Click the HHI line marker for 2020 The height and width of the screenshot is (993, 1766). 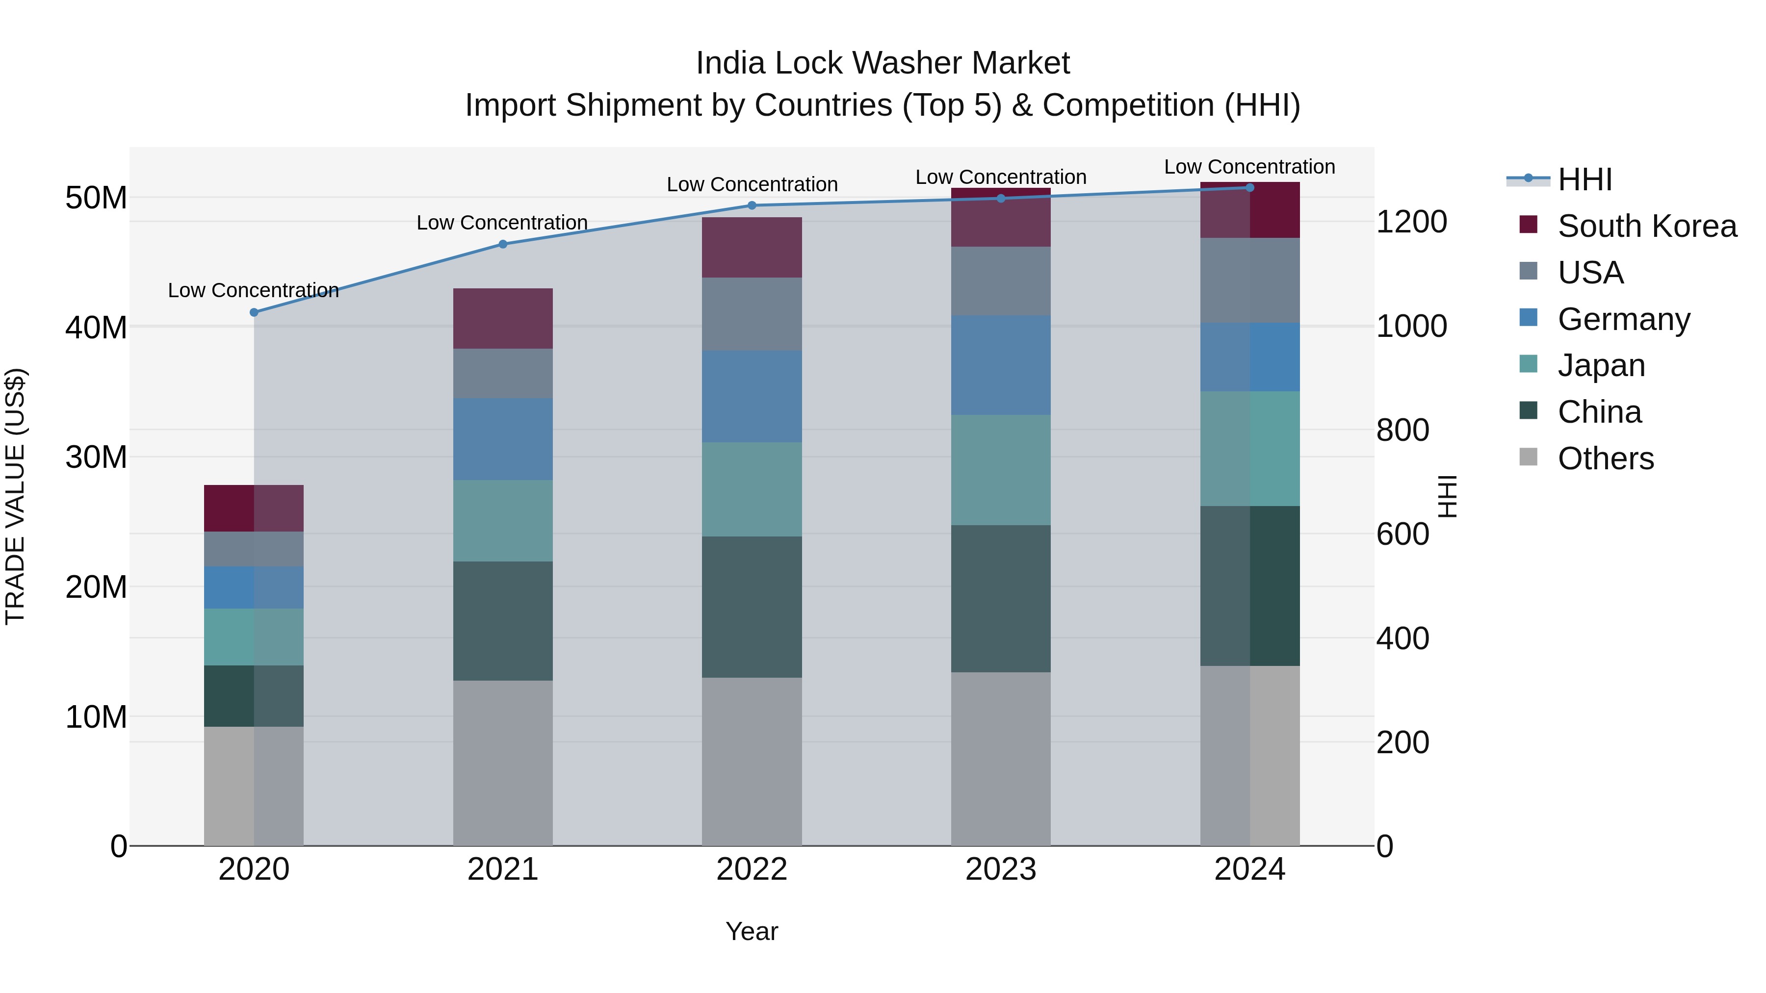(x=254, y=312)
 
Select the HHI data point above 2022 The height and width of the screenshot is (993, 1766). (x=752, y=205)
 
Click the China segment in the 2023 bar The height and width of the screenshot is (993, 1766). (x=1000, y=598)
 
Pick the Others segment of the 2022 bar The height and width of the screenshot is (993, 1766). (x=752, y=762)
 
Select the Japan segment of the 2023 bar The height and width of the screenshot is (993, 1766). (x=1000, y=470)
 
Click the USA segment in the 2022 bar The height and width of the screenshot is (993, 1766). (x=752, y=314)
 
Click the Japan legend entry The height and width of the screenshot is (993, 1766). (x=1601, y=365)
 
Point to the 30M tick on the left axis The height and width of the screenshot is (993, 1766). (x=96, y=457)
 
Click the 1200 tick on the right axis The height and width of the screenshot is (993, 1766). (x=1411, y=222)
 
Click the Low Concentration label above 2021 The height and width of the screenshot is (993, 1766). (x=502, y=223)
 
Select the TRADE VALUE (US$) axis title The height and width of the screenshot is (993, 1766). (x=15, y=496)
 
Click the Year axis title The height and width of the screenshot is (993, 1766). (x=752, y=931)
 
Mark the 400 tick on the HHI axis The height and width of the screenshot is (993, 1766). (x=1402, y=638)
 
